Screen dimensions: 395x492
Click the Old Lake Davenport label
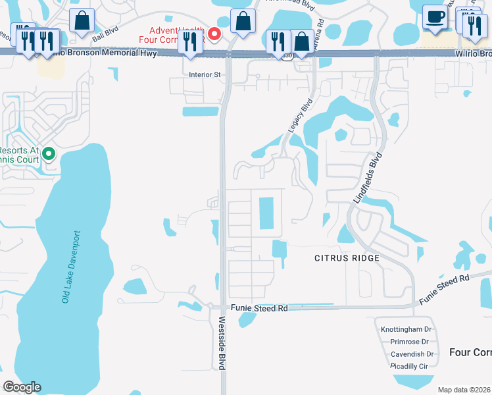tap(71, 267)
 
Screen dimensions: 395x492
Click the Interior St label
tap(205, 74)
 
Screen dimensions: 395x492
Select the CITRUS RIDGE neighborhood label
tap(347, 258)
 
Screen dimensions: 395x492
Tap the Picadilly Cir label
tap(409, 365)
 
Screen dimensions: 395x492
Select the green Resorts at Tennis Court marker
tap(48, 155)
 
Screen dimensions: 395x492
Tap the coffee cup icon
tap(435, 18)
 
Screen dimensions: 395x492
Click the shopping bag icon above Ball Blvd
tap(82, 21)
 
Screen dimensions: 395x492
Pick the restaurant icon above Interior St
tap(190, 42)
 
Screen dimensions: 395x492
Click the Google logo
tap(22, 387)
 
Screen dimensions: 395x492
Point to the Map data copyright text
tap(464, 390)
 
